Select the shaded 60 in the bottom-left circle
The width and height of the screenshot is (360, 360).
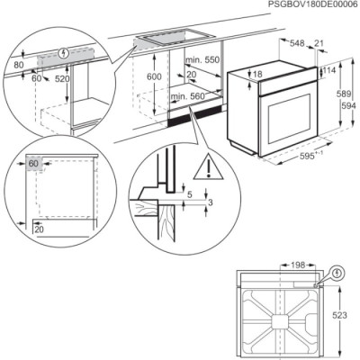click(32, 164)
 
